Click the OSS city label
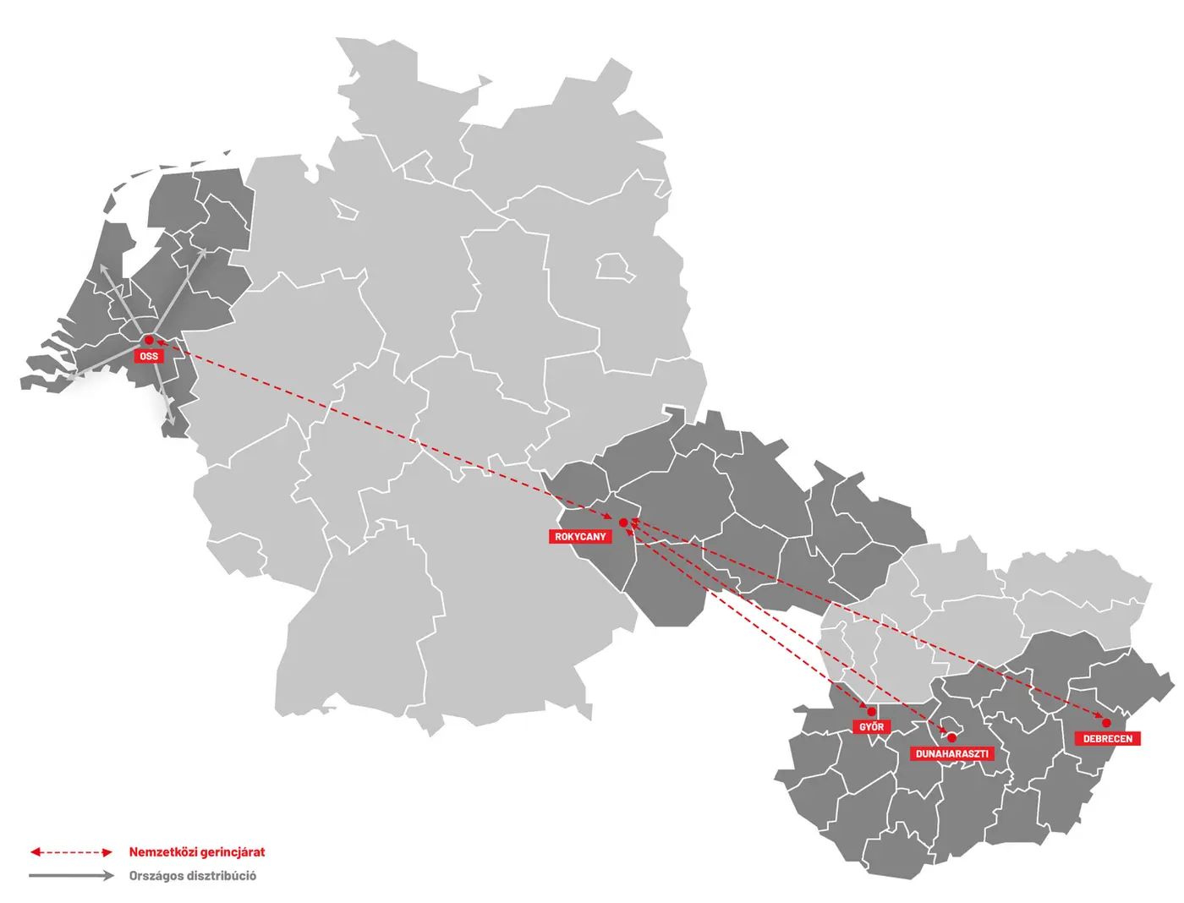click(x=149, y=356)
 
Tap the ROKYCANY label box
click(x=580, y=537)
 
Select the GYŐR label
click(x=871, y=727)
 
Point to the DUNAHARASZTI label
click(x=951, y=753)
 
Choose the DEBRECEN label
click(x=1107, y=739)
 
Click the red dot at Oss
click(x=149, y=340)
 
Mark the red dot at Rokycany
click(x=623, y=523)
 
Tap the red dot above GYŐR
click(x=871, y=712)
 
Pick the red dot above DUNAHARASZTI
click(x=951, y=737)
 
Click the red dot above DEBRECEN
click(x=1106, y=723)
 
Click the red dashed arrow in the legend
click(x=71, y=852)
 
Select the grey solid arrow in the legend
click(x=71, y=876)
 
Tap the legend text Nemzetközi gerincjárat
click(x=196, y=852)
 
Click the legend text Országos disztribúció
click(x=192, y=876)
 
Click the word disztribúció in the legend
click(x=222, y=876)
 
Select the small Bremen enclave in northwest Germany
click(x=343, y=209)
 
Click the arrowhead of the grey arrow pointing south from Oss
click(x=171, y=419)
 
